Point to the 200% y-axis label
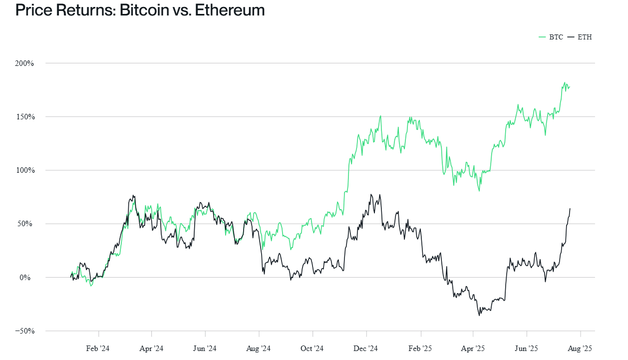pyautogui.click(x=24, y=63)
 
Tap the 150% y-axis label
pyautogui.click(x=24, y=117)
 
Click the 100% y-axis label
pyautogui.click(x=24, y=170)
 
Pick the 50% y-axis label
pyautogui.click(x=25, y=224)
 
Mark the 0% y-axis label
pyautogui.click(x=27, y=277)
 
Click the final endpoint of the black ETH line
pyautogui.click(x=570, y=209)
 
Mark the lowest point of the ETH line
pyautogui.click(x=479, y=316)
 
